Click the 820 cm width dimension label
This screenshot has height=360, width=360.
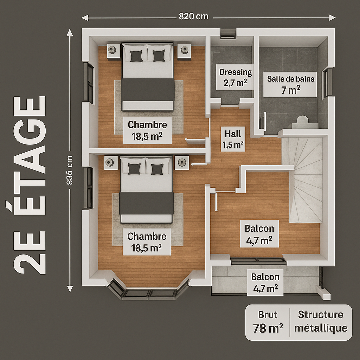pyautogui.click(x=194, y=16)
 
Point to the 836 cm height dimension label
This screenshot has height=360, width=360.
pyautogui.click(x=69, y=170)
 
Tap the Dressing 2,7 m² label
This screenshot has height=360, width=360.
pyautogui.click(x=235, y=77)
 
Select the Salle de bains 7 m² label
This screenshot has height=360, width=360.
pyautogui.click(x=291, y=84)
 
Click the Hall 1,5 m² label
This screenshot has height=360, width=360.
pyautogui.click(x=233, y=139)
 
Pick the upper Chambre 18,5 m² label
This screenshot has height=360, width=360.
pyautogui.click(x=147, y=130)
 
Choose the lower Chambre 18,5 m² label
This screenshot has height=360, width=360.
pyautogui.click(x=147, y=242)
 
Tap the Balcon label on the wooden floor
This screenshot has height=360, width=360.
pyautogui.click(x=259, y=234)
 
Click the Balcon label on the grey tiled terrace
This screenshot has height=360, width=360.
pyautogui.click(x=265, y=282)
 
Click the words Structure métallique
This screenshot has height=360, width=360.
pyautogui.click(x=321, y=321)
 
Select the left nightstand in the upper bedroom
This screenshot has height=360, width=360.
pyautogui.click(x=114, y=51)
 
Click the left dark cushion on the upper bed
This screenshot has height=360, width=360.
pyautogui.click(x=136, y=56)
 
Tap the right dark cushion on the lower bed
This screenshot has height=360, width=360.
pyautogui.click(x=157, y=169)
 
